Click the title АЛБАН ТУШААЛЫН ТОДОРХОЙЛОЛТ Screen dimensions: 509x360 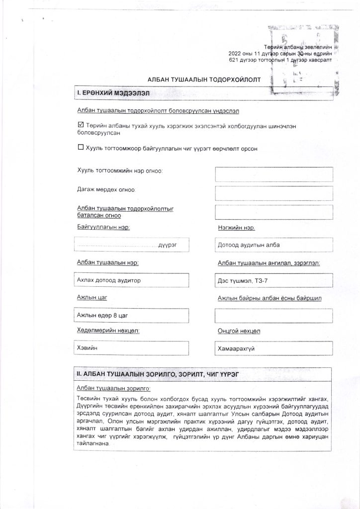point(203,80)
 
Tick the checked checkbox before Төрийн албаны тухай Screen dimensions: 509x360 point(81,125)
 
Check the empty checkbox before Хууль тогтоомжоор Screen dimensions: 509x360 point(81,147)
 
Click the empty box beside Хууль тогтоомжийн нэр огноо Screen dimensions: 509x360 point(273,174)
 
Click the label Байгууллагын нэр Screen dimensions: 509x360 point(103,227)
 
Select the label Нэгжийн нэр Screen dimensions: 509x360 point(236,228)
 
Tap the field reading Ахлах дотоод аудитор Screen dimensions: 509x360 point(131,280)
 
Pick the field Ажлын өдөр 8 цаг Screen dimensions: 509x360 point(131,316)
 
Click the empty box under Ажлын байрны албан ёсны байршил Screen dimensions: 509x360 point(273,316)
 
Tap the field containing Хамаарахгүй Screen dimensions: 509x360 point(273,349)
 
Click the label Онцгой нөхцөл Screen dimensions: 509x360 point(239,331)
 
